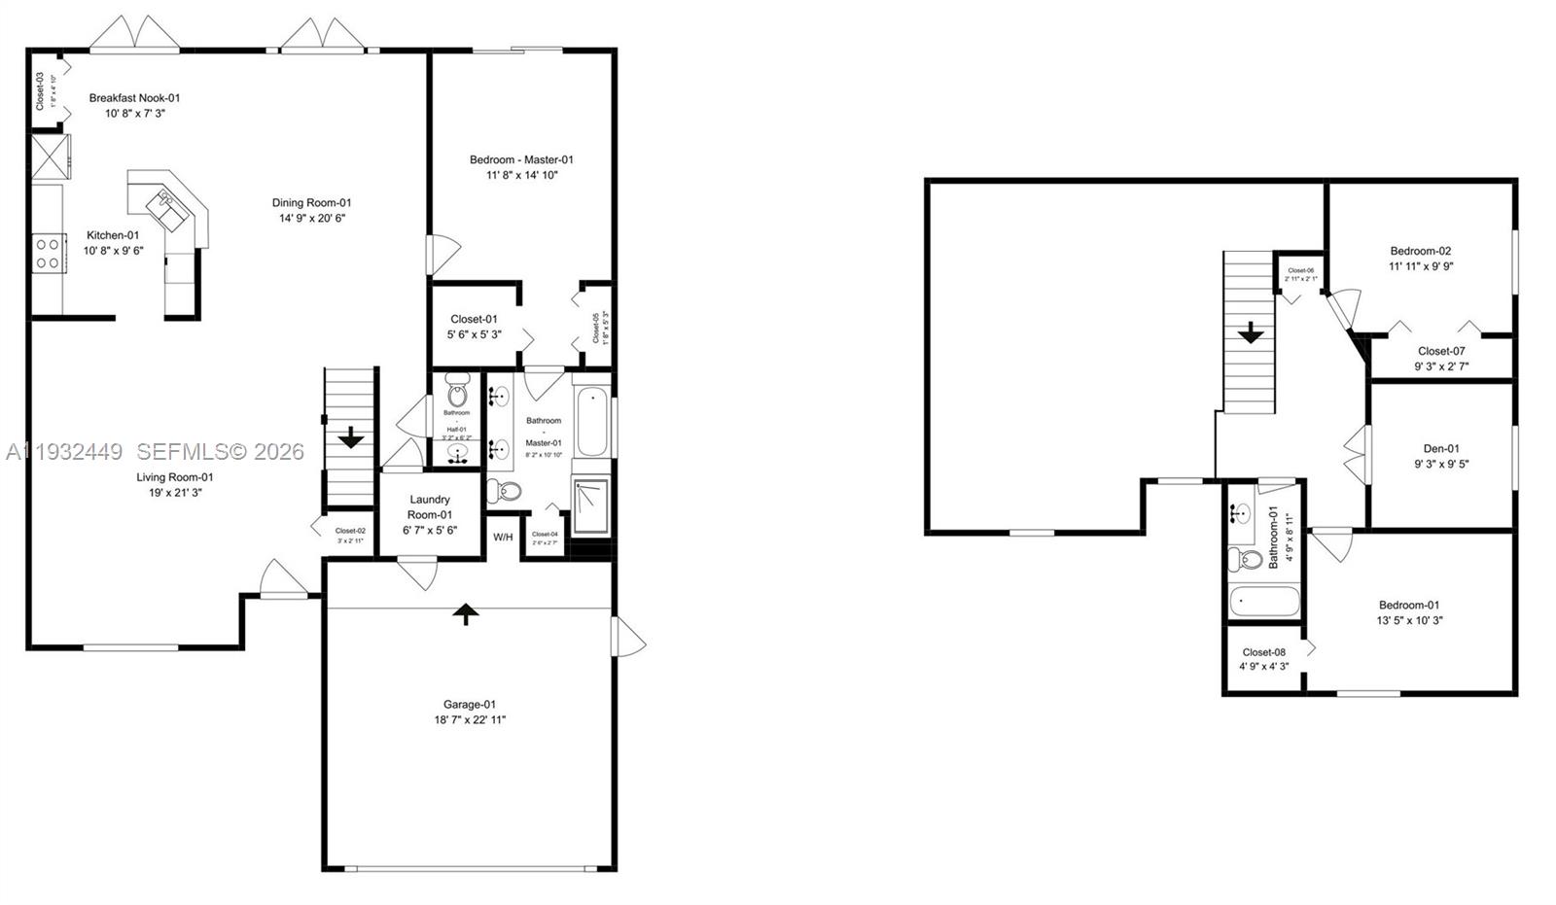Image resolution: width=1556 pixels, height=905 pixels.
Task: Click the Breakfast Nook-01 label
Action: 135,97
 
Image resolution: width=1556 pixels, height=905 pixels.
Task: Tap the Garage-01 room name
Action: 470,705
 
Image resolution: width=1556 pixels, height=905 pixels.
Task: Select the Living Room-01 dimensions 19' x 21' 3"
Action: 175,493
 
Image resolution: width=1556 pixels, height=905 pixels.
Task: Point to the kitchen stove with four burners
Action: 48,255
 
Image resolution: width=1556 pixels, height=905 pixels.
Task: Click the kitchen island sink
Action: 162,203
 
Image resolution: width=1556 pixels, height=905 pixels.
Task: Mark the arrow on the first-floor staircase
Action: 350,438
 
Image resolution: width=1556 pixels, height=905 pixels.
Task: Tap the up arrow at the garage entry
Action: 466,613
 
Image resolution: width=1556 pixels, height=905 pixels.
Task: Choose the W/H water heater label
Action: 503,538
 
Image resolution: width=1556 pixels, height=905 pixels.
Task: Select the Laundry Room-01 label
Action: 430,506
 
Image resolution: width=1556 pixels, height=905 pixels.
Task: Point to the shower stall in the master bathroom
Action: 590,505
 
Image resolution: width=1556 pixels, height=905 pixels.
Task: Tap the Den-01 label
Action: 1441,449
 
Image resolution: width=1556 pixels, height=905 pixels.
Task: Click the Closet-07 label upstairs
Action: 1441,351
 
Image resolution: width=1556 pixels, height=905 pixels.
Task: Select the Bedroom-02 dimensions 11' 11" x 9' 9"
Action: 1421,266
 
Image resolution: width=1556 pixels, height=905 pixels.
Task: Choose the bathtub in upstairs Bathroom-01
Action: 1264,602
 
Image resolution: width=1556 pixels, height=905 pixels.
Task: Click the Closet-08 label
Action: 1264,652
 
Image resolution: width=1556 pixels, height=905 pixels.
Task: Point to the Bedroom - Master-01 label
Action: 522,159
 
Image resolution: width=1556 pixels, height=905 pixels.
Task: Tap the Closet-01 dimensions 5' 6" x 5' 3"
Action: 475,334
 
